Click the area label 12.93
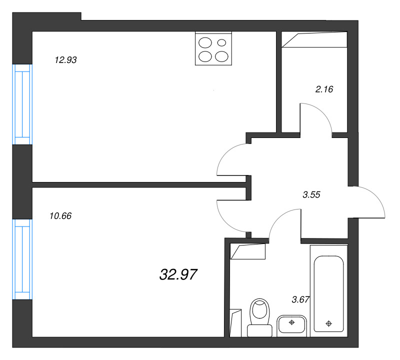pyautogui.click(x=66, y=60)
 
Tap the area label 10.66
pyautogui.click(x=60, y=216)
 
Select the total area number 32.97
pyautogui.click(x=178, y=274)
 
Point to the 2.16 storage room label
pyautogui.click(x=324, y=89)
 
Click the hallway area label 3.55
pyautogui.click(x=311, y=195)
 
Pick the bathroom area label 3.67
pyautogui.click(x=300, y=299)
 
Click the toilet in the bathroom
pyautogui.click(x=259, y=317)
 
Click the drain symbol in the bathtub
pyautogui.click(x=329, y=324)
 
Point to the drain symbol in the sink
pyautogui.click(x=291, y=322)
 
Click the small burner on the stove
pyautogui.click(x=221, y=42)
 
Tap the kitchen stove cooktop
pyautogui.click(x=213, y=48)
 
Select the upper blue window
pyautogui.click(x=22, y=104)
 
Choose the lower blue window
pyautogui.click(x=22, y=259)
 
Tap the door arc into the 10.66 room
pyautogui.click(x=225, y=222)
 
